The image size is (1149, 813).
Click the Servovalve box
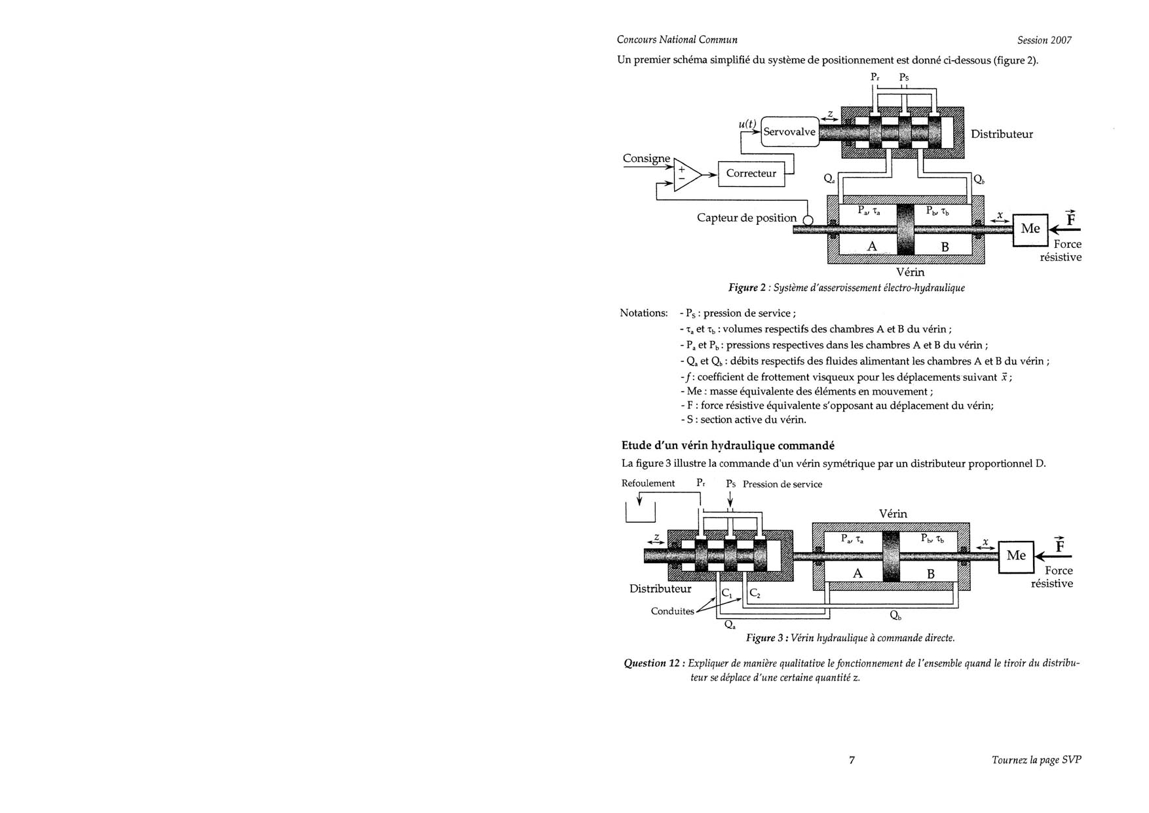789,132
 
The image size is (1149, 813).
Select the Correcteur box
751,174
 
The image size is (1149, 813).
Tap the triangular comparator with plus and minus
686,174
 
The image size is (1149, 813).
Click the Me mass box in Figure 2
1030,229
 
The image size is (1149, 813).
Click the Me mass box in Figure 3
1015,556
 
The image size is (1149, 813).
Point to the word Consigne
647,159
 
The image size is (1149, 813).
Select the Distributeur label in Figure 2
1002,134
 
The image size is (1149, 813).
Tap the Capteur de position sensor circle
808,221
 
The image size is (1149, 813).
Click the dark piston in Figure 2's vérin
905,229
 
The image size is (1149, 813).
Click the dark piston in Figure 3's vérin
891,556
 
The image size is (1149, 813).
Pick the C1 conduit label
726,593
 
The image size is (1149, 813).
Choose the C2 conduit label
755,593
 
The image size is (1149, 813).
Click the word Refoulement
648,483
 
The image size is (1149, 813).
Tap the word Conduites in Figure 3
672,611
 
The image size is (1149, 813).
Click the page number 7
852,760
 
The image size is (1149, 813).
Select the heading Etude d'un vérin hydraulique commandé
728,446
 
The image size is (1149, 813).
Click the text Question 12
654,663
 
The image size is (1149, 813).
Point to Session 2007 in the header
1044,40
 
